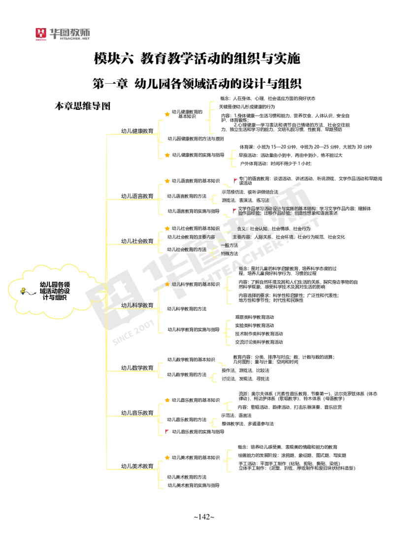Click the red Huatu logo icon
pos(41,34)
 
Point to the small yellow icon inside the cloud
pos(23,291)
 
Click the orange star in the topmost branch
pos(167,114)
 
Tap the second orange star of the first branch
pos(167,155)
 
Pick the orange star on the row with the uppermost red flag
pos(167,181)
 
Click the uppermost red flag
pos(236,180)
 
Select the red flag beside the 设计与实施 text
pos(235,209)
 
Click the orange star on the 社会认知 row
pos(167,228)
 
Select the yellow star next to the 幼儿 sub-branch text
pos(167,285)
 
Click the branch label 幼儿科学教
pos(134,305)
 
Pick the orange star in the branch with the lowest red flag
pos(167,400)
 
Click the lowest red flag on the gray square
pos(167,430)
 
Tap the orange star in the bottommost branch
pos(167,457)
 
